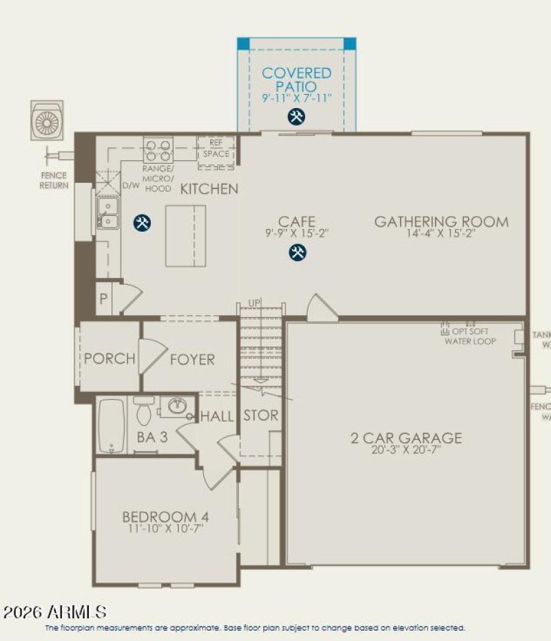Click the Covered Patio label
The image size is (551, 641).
pyautogui.click(x=296, y=79)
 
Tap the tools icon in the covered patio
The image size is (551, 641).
pyautogui.click(x=297, y=117)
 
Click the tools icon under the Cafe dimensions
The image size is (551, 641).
pyautogui.click(x=297, y=253)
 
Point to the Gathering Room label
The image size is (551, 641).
pyautogui.click(x=441, y=221)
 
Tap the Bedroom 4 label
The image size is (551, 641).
pyautogui.click(x=165, y=517)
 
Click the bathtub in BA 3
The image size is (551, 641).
pyautogui.click(x=111, y=426)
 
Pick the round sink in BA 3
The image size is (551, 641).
pyautogui.click(x=177, y=406)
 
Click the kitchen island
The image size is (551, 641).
pyautogui.click(x=185, y=235)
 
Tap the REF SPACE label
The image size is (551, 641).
pyautogui.click(x=216, y=149)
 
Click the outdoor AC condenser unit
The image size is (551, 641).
pyautogui.click(x=48, y=122)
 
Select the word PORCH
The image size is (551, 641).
pyautogui.click(x=110, y=359)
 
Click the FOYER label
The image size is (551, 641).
pyautogui.click(x=192, y=359)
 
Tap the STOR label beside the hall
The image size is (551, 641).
pyautogui.click(x=260, y=415)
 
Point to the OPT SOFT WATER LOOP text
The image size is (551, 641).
pyautogui.click(x=470, y=336)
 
